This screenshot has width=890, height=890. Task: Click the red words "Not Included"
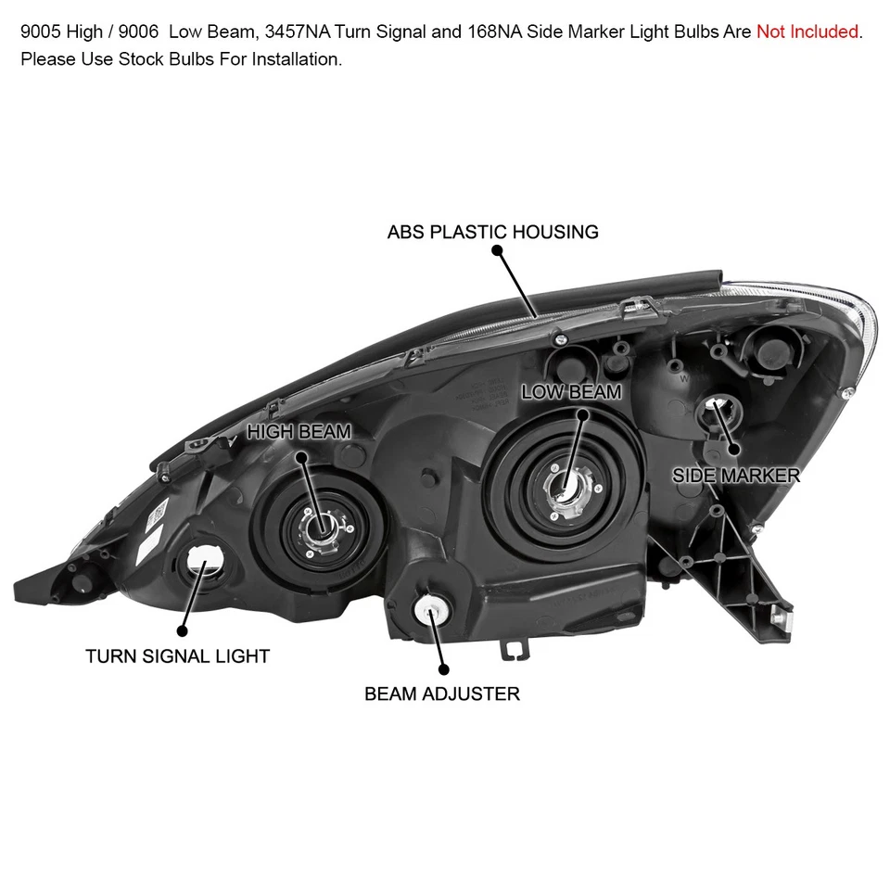pyautogui.click(x=807, y=32)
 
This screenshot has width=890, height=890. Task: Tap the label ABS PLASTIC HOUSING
pyautogui.click(x=493, y=232)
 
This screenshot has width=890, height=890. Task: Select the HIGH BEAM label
pyautogui.click(x=299, y=431)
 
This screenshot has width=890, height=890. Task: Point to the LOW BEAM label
pyautogui.click(x=571, y=392)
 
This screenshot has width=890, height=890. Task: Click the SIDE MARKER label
pyautogui.click(x=736, y=476)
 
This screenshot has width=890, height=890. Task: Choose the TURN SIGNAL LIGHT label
pyautogui.click(x=177, y=656)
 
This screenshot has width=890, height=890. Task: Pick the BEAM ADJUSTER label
pyautogui.click(x=442, y=693)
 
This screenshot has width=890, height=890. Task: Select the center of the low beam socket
pyautogui.click(x=564, y=483)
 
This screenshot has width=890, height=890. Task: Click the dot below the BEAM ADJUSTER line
pyautogui.click(x=442, y=668)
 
